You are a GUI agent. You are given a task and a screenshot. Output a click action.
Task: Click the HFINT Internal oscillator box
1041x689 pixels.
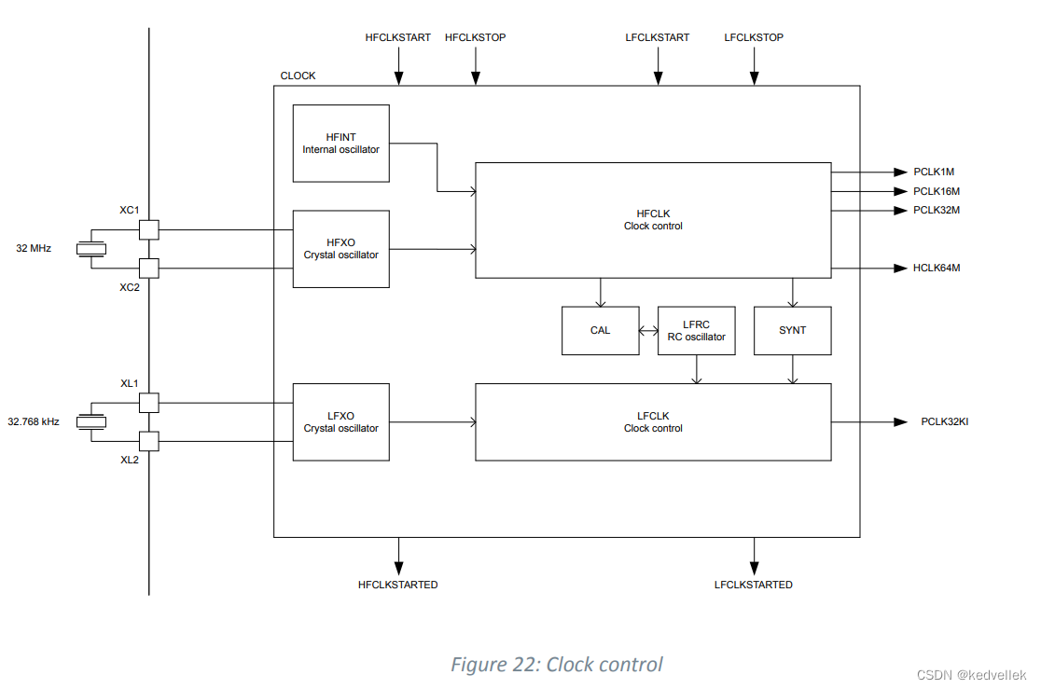pyautogui.click(x=340, y=144)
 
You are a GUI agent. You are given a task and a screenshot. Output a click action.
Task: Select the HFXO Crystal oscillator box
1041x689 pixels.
pyautogui.click(x=340, y=249)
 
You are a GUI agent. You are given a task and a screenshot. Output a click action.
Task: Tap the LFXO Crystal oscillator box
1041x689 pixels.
pyautogui.click(x=340, y=421)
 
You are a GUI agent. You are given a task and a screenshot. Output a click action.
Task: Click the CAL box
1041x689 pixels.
pyautogui.click(x=600, y=331)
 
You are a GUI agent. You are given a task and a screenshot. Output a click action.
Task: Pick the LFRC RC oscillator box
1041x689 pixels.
pyautogui.click(x=696, y=331)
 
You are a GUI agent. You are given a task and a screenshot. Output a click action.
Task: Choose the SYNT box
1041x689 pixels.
pyautogui.click(x=792, y=331)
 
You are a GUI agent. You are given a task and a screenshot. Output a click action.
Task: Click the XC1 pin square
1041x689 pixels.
pyautogui.click(x=148, y=229)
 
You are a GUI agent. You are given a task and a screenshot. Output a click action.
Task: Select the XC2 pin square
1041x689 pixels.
pyautogui.click(x=148, y=269)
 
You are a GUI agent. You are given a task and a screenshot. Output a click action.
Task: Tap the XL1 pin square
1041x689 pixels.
pyautogui.click(x=148, y=403)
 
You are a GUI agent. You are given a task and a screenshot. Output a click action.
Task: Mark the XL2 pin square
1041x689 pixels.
pyautogui.click(x=148, y=441)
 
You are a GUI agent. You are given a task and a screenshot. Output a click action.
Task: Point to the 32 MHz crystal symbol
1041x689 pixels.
pyautogui.click(x=91, y=249)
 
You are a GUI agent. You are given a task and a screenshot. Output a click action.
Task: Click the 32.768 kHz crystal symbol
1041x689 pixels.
pyautogui.click(x=91, y=421)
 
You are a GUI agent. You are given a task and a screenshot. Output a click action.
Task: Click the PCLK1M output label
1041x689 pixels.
pyautogui.click(x=933, y=172)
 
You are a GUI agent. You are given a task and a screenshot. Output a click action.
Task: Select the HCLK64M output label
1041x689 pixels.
pyautogui.click(x=936, y=269)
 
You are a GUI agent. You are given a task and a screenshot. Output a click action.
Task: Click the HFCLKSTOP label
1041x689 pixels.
pyautogui.click(x=475, y=37)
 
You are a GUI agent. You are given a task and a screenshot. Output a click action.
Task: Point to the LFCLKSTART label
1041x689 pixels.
pyautogui.click(x=657, y=37)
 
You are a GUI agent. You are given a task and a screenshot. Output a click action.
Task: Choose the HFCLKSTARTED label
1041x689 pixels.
pyautogui.click(x=397, y=585)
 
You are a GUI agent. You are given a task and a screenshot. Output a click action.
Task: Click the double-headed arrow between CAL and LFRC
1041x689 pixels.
pyautogui.click(x=648, y=331)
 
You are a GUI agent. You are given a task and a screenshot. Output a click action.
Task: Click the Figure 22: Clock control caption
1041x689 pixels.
pyautogui.click(x=557, y=665)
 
